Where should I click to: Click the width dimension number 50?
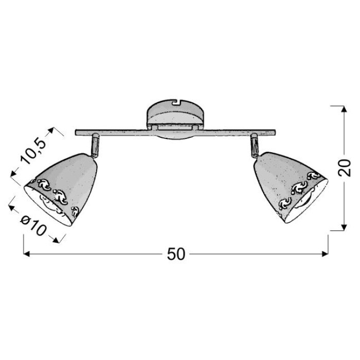click(176, 254)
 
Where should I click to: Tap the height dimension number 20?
click(345, 167)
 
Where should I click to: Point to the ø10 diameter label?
click(34, 226)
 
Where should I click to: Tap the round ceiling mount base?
click(175, 119)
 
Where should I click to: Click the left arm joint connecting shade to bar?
click(95, 146)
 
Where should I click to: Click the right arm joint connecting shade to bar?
click(255, 145)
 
